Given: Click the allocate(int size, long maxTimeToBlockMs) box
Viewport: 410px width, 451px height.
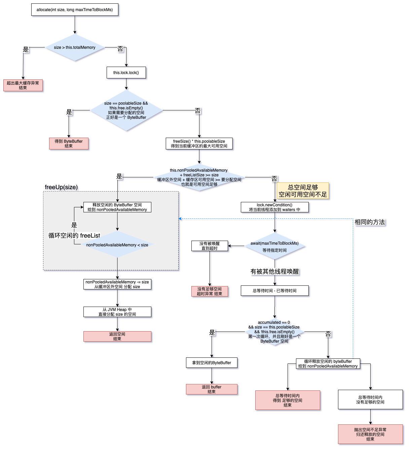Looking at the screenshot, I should pyautogui.click(x=75, y=10).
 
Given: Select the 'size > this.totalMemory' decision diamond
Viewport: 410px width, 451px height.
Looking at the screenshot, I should pyautogui.click(x=75, y=47).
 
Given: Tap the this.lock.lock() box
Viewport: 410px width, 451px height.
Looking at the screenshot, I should pyautogui.click(x=126, y=73).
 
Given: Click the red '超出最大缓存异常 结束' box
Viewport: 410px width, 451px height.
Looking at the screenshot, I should pyautogui.click(x=23, y=85).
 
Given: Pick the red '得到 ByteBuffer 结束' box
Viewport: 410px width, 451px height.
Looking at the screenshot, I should pyautogui.click(x=69, y=144).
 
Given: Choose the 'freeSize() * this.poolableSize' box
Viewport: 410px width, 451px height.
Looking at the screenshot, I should pyautogui.click(x=199, y=144).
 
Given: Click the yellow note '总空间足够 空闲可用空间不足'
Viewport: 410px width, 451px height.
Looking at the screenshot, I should pyautogui.click(x=303, y=191).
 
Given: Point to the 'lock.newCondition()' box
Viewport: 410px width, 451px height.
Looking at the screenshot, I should pyautogui.click(x=274, y=207).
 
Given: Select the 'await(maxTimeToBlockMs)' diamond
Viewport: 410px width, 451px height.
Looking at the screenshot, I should pyautogui.click(x=274, y=246).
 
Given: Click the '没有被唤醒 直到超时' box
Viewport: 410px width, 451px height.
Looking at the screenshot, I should pyautogui.click(x=210, y=246).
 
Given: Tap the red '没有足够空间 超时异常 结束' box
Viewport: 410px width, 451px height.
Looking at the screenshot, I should pyautogui.click(x=210, y=291).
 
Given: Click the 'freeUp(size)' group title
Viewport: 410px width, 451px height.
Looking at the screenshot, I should pyautogui.click(x=61, y=187).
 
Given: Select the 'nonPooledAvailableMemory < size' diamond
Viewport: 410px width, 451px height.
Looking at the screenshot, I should pyautogui.click(x=117, y=245).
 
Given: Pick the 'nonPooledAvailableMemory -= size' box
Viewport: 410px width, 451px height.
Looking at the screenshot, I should pyautogui.click(x=117, y=284).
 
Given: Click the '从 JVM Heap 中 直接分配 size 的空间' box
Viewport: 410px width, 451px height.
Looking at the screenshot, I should pyautogui.click(x=117, y=312).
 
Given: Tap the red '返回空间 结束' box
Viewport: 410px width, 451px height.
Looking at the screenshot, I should pyautogui.click(x=117, y=337).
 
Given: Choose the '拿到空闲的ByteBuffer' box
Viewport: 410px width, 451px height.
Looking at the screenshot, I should pyautogui.click(x=212, y=363).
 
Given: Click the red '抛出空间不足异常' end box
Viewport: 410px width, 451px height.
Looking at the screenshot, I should pyautogui.click(x=370, y=434).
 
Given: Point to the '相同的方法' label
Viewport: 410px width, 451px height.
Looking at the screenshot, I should pyautogui.click(x=370, y=222).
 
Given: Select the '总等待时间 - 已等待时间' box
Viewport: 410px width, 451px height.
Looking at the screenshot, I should pyautogui.click(x=274, y=291).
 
